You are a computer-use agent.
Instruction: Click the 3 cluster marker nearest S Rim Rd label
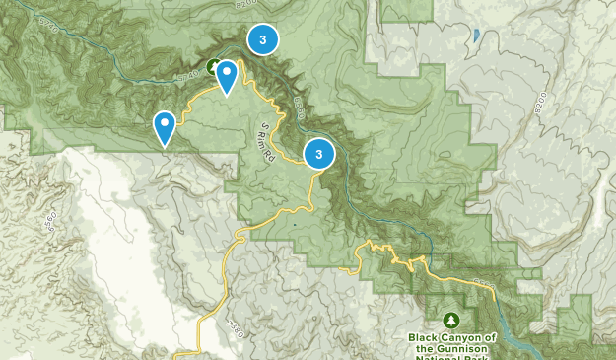click(319, 154)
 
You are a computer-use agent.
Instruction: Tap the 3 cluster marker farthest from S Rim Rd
click(262, 38)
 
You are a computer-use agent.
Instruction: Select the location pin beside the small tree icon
click(228, 76)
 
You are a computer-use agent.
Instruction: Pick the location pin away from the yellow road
click(165, 127)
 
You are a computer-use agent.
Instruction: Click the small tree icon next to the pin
click(214, 66)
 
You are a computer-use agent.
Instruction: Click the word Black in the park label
click(426, 337)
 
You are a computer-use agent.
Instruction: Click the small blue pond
click(476, 36)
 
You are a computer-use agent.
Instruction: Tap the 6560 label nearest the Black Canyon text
click(482, 285)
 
